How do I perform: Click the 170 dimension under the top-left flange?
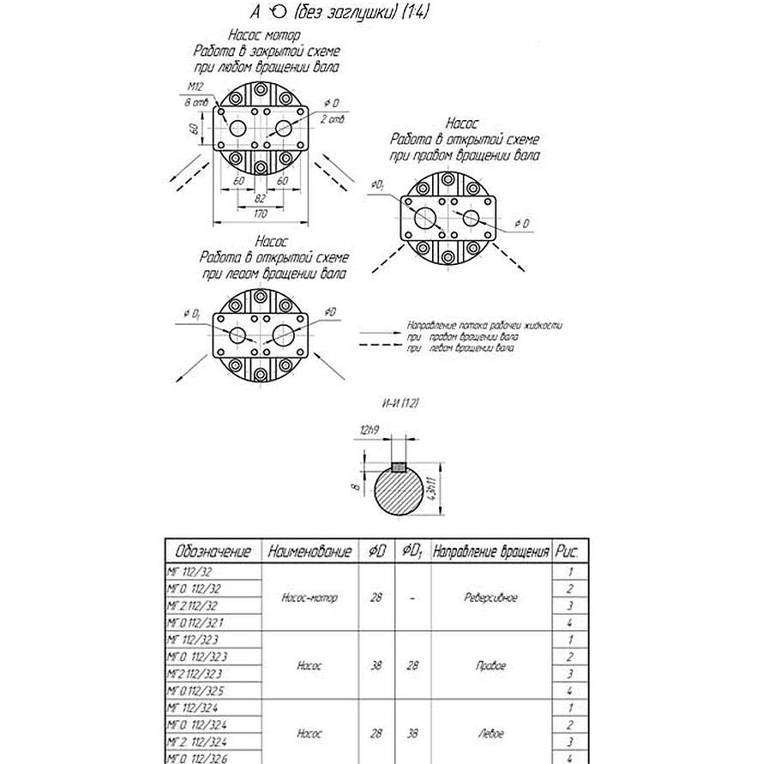coord(260,214)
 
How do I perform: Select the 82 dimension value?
coord(260,199)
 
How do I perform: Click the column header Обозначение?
coord(213,551)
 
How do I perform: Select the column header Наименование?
coord(309,551)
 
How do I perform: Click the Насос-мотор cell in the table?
coord(309,597)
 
